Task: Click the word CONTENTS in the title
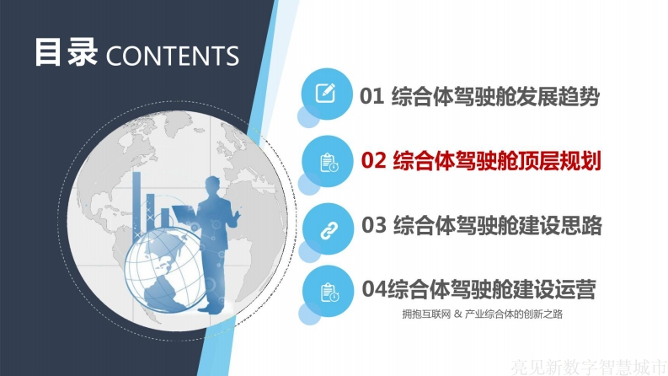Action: pyautogui.click(x=172, y=56)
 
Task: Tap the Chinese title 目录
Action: pyautogui.click(x=66, y=52)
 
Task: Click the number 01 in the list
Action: pyautogui.click(x=372, y=96)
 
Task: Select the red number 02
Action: pyautogui.click(x=374, y=161)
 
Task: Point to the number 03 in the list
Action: pyautogui.click(x=374, y=224)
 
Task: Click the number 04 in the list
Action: pyautogui.click(x=375, y=288)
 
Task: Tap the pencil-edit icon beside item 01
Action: pyautogui.click(x=325, y=93)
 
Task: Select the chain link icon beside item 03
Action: pyautogui.click(x=329, y=231)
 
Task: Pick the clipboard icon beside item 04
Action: pyautogui.click(x=329, y=293)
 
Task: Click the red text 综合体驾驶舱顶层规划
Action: pyautogui.click(x=497, y=161)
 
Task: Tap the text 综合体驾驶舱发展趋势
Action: pyautogui.click(x=495, y=96)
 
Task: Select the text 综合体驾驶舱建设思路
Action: pyautogui.click(x=498, y=225)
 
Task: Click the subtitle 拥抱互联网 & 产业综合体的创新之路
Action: pyautogui.click(x=482, y=314)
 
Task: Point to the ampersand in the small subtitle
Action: pyautogui.click(x=457, y=314)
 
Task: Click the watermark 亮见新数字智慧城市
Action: pyautogui.click(x=588, y=367)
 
